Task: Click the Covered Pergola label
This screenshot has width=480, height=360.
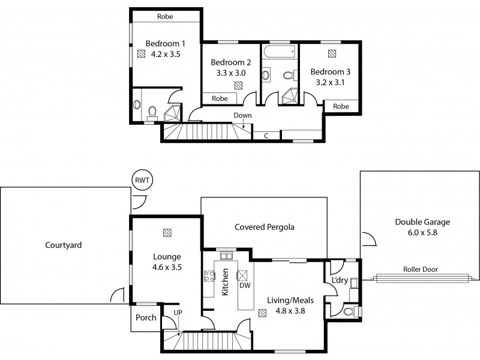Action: point(264,227)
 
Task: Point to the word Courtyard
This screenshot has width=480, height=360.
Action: point(63,245)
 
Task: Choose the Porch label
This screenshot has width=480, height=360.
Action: point(145,317)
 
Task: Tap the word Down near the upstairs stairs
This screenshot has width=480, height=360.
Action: point(242,115)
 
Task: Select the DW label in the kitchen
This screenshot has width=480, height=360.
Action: point(244,286)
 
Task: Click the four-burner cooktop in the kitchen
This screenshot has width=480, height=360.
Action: point(210,277)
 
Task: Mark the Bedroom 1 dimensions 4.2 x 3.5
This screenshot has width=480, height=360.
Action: point(166,54)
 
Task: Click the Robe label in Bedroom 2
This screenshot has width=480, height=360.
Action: point(220,98)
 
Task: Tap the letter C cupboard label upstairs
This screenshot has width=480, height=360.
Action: point(265,136)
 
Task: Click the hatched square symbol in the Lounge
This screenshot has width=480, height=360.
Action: point(167,232)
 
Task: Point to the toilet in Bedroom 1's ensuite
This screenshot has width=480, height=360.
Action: point(152,112)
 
